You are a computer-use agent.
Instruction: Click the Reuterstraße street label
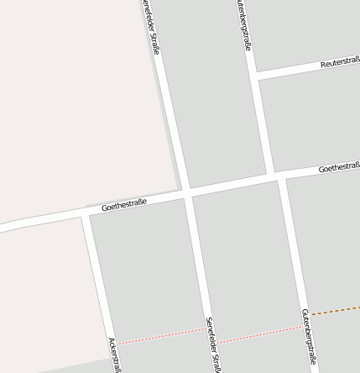coord(340,63)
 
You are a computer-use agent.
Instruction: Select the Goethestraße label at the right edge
coord(339,168)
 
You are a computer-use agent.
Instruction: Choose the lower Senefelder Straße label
coord(213,344)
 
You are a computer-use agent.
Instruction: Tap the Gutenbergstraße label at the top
coord(243,25)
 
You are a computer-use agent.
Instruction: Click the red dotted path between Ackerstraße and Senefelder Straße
coord(159,336)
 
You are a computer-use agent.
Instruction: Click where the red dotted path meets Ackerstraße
coord(115,343)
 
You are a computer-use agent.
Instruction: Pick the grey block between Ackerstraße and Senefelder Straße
coord(147,269)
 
